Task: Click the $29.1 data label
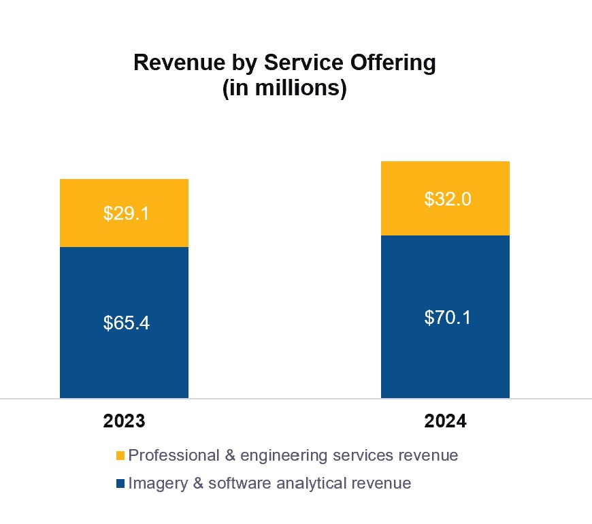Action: (x=126, y=214)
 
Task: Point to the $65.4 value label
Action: (x=126, y=323)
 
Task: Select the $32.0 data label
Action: (x=447, y=199)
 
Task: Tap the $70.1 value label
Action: (x=447, y=317)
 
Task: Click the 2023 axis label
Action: (x=125, y=421)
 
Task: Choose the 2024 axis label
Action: (x=446, y=421)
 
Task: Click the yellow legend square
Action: (x=120, y=455)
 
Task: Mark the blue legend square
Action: (x=120, y=484)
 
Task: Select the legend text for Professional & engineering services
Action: (x=293, y=455)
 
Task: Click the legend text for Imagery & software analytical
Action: (x=269, y=484)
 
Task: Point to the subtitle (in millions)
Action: (x=284, y=89)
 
